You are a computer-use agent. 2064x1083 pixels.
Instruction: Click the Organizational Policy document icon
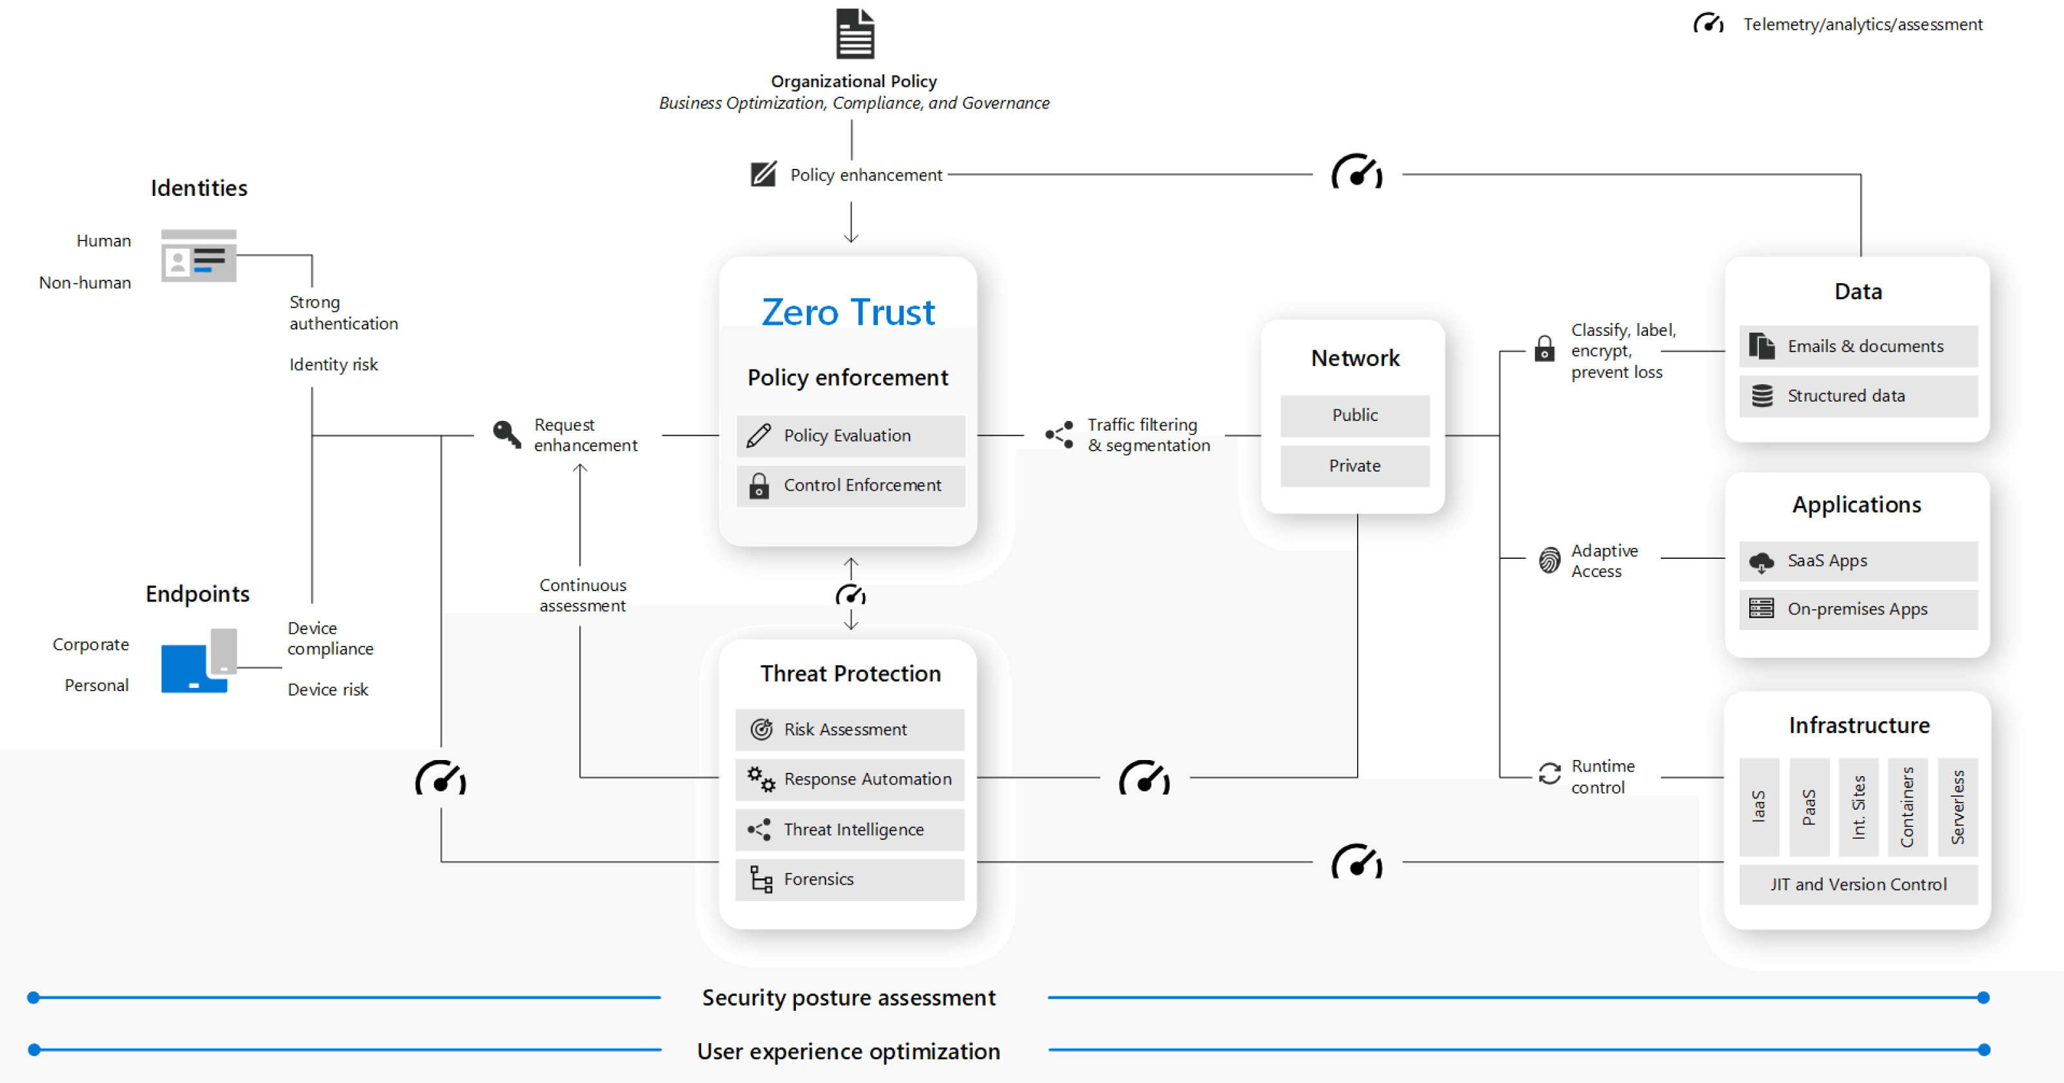coord(854,34)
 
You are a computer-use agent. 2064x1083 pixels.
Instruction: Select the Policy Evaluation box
coord(850,435)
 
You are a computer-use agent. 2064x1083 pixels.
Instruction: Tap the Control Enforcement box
coord(850,485)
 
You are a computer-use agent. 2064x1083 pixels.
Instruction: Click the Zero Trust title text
coord(848,311)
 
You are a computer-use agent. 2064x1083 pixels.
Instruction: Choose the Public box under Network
coord(1354,415)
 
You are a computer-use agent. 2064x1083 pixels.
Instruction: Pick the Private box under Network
coord(1354,465)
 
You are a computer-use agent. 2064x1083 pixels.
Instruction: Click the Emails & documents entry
coord(1858,346)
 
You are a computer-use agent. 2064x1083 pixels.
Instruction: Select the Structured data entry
coord(1858,396)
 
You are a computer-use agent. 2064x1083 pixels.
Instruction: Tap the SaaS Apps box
coord(1858,561)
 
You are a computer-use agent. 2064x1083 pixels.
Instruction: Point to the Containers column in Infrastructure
coord(1907,806)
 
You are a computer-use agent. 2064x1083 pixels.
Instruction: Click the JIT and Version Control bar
coord(1858,884)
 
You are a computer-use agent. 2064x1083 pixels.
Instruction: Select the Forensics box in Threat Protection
coord(849,879)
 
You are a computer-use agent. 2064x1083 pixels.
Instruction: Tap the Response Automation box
coord(849,779)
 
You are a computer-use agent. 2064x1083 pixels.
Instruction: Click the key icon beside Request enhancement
coord(506,434)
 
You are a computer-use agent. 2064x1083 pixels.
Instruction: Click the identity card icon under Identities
coord(198,257)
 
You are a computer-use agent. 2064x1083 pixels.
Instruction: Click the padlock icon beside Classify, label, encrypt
coord(1544,349)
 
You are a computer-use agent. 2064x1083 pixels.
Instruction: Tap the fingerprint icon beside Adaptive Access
coord(1549,560)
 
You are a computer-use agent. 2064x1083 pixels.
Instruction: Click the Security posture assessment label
coord(849,998)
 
